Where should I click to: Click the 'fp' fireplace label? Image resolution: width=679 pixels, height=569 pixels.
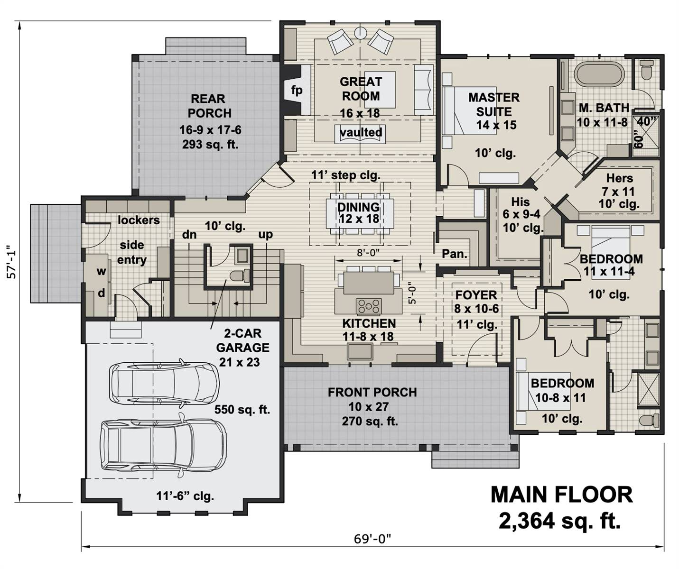click(297, 90)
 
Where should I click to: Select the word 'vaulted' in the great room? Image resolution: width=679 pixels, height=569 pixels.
click(361, 132)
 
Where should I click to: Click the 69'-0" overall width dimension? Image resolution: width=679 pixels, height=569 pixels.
click(372, 539)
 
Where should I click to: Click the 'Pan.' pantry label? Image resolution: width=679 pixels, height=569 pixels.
click(454, 254)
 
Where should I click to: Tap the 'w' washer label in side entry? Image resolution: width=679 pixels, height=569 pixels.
click(101, 271)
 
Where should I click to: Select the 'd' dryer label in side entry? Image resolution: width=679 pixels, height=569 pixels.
click(101, 293)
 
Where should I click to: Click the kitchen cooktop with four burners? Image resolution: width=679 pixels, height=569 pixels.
click(369, 306)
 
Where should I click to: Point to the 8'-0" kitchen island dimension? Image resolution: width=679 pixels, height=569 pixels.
click(368, 253)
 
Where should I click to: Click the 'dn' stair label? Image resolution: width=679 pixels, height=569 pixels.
click(189, 235)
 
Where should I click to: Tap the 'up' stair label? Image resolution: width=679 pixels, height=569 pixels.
click(265, 234)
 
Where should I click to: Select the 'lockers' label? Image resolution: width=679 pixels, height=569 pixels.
click(139, 220)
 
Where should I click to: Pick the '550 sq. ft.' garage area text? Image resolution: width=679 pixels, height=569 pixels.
click(242, 409)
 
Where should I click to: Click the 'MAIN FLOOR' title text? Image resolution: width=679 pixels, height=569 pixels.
click(561, 495)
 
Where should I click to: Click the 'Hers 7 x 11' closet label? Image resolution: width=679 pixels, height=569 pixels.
click(619, 185)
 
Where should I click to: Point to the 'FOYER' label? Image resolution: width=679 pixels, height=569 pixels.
click(476, 295)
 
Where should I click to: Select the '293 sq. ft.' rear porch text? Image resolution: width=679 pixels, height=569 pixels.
click(210, 144)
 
